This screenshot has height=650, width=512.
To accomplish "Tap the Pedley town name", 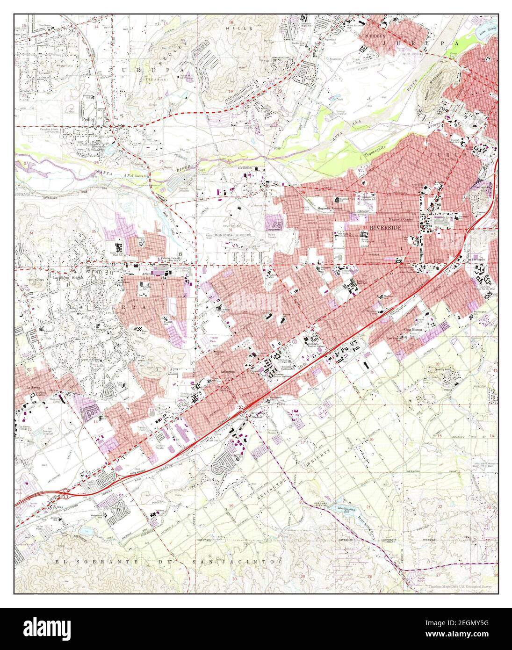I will [88, 119].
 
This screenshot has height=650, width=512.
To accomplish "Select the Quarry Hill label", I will [443, 369].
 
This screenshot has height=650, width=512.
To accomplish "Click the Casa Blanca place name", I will [411, 329].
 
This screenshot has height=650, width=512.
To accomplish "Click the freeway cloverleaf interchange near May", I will [66, 491].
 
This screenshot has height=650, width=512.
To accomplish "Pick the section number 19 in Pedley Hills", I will [230, 91].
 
